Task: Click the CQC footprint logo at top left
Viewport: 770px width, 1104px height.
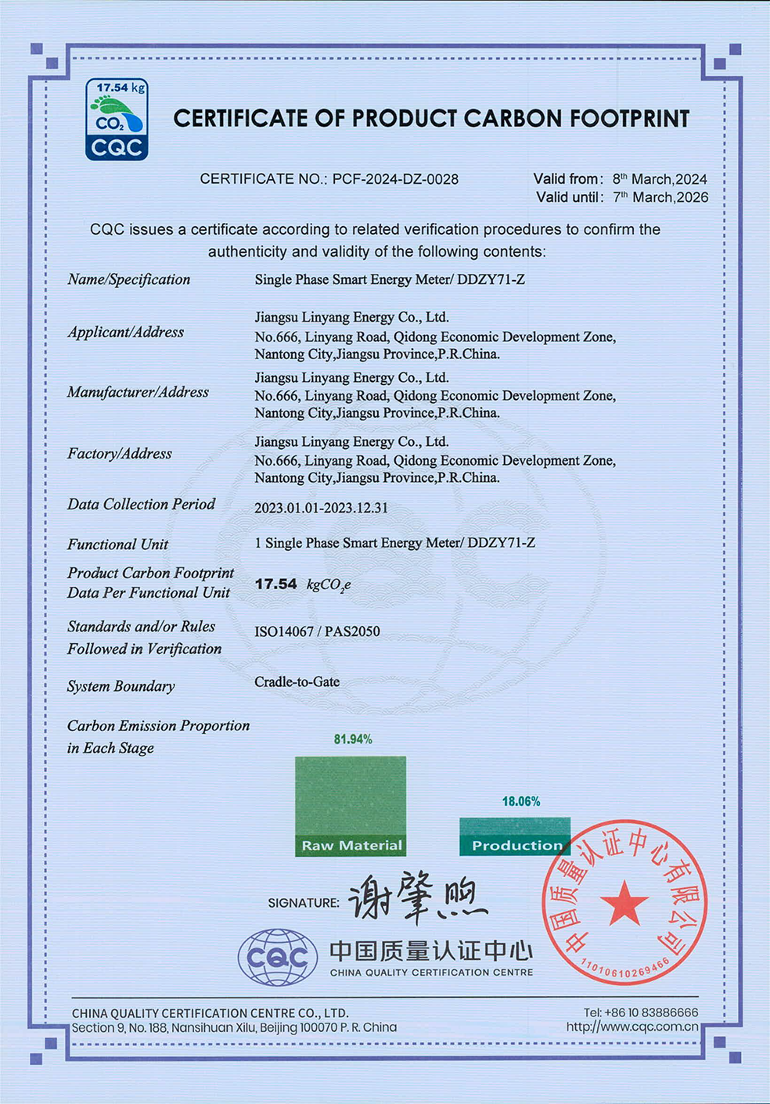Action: (117, 120)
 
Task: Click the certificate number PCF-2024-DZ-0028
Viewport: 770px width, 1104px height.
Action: (395, 179)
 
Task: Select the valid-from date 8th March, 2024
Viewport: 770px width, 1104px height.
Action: (660, 179)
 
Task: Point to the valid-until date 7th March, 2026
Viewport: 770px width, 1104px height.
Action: (660, 197)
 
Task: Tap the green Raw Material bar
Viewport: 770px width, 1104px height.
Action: (351, 806)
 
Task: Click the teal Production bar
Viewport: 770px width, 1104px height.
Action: (515, 836)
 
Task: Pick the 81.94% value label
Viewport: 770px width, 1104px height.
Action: (353, 739)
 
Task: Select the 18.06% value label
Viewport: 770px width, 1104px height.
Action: (521, 801)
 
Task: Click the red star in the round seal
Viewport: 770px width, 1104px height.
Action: (624, 904)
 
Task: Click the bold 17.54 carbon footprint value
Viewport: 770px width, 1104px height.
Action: (276, 584)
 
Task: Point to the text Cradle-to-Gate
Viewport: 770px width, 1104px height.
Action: (297, 681)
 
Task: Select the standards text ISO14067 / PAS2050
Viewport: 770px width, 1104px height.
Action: (317, 631)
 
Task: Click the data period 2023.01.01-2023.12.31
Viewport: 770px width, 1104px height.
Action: (321, 508)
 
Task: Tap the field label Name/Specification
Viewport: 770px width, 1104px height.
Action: (128, 279)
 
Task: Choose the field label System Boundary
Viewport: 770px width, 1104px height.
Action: (121, 686)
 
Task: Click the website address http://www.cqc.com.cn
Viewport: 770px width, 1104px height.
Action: (632, 1027)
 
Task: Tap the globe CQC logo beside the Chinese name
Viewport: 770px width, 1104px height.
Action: (278, 957)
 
